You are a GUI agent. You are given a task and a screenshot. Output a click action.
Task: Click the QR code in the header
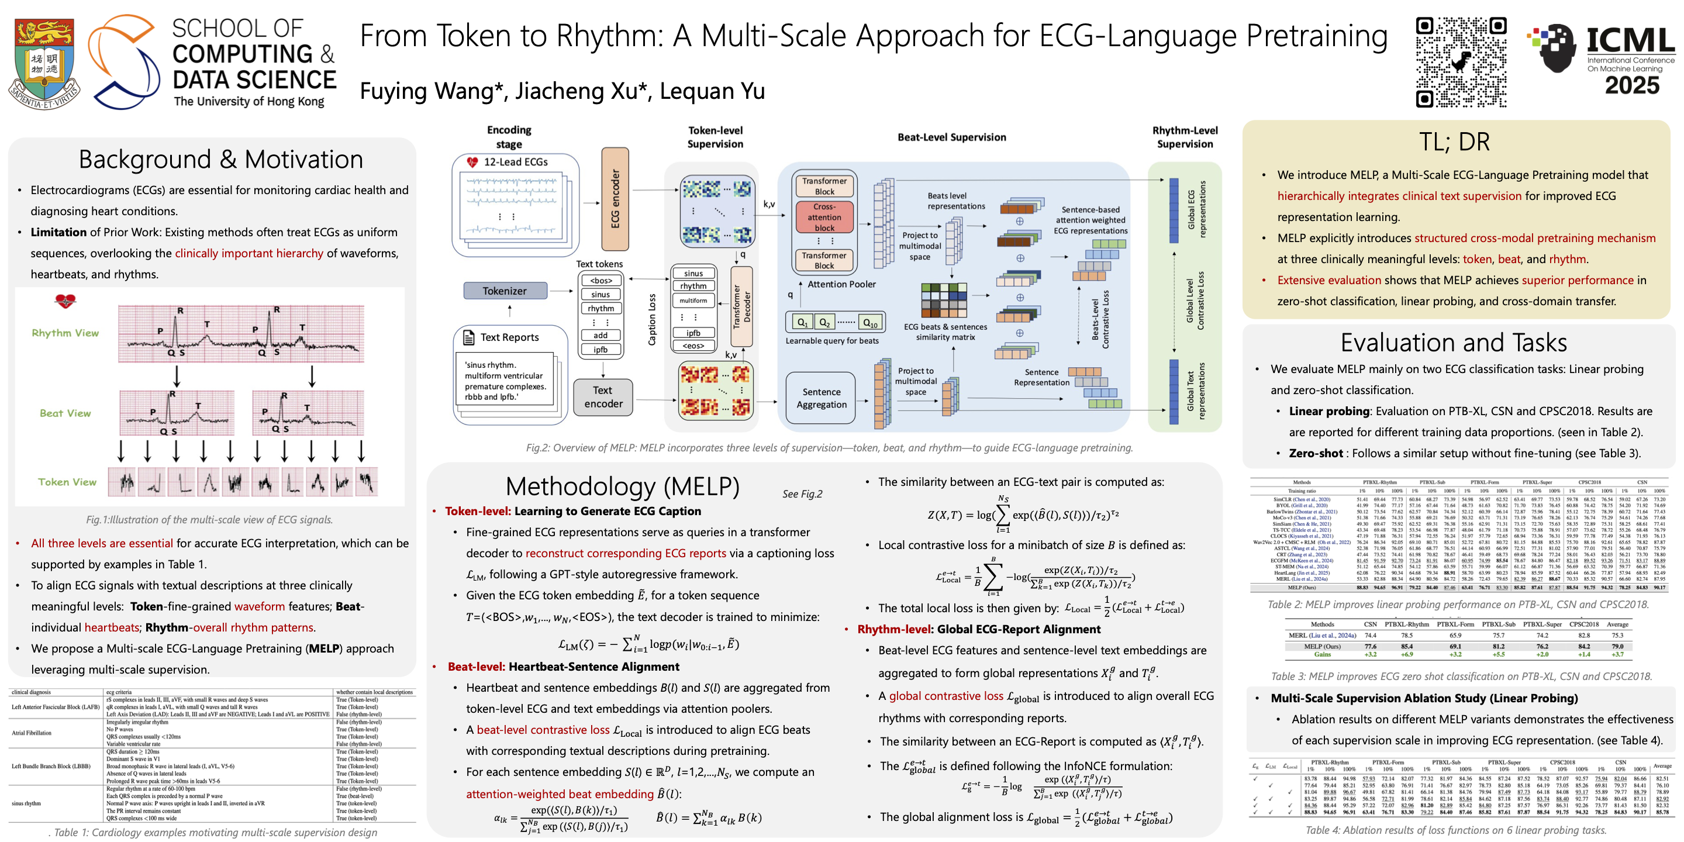point(1461,62)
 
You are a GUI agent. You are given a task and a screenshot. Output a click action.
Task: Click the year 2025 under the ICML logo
point(1632,85)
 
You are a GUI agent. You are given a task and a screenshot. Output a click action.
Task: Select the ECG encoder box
point(615,199)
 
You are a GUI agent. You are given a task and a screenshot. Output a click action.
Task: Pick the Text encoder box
point(603,397)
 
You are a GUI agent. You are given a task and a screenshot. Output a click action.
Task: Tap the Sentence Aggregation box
point(821,398)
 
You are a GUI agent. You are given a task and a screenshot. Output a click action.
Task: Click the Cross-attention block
point(824,216)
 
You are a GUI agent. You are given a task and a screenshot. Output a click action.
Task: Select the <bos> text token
point(601,281)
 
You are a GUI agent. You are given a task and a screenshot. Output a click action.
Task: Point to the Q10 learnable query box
point(869,322)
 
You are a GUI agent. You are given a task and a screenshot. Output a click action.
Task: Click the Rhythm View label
point(65,333)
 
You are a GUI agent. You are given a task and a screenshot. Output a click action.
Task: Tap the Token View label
point(67,482)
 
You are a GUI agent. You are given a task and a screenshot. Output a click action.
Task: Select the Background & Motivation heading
point(220,160)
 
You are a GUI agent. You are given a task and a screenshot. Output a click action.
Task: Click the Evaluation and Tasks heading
point(1453,343)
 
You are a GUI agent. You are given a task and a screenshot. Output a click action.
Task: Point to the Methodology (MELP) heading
point(622,486)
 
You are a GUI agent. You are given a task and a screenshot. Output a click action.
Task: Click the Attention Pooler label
point(841,284)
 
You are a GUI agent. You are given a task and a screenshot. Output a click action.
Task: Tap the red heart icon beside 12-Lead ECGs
point(472,161)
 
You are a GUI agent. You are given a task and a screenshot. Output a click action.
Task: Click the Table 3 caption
point(1461,676)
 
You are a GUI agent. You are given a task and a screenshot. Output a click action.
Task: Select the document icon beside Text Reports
point(468,337)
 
